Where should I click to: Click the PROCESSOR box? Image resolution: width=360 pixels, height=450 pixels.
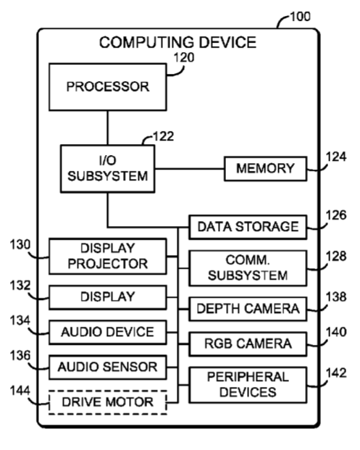(108, 87)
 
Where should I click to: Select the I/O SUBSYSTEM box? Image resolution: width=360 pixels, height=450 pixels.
(108, 168)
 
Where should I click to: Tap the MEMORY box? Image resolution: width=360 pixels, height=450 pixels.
(265, 168)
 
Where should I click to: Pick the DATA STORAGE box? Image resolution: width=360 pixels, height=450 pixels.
(248, 227)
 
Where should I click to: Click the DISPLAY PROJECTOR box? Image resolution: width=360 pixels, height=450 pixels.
(108, 256)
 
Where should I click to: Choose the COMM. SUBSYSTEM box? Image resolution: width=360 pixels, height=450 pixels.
(248, 268)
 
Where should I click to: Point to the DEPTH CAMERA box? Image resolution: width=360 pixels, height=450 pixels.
(248, 309)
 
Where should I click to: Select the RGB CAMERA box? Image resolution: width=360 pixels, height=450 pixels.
(248, 343)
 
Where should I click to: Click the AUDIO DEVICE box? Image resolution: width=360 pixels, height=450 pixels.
(108, 332)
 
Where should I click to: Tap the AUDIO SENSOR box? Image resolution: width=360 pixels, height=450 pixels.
(108, 367)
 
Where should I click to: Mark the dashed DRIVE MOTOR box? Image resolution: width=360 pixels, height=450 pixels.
(108, 402)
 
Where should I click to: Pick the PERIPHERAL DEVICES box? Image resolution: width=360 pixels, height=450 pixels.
(248, 385)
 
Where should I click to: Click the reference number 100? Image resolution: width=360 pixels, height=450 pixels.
(301, 17)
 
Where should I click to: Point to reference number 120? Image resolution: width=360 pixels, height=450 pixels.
(184, 57)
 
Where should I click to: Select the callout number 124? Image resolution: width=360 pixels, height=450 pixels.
(336, 157)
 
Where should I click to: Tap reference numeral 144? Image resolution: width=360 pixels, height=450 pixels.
(20, 391)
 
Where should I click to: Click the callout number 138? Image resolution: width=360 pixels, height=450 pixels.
(336, 297)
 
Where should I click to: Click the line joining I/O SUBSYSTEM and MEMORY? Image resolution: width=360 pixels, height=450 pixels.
(189, 168)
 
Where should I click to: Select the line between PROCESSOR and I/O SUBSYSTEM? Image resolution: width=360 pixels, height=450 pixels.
(108, 128)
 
